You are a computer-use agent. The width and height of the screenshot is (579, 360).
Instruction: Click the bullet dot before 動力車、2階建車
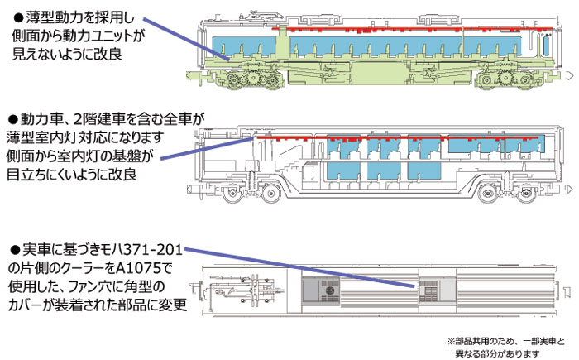tap(12, 119)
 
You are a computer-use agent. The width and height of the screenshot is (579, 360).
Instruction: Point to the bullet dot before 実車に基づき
tap(12, 249)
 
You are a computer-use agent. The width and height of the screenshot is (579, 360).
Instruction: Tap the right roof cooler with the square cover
tap(428, 290)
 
